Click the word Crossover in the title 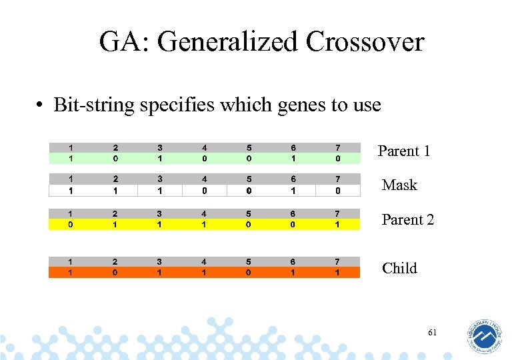click(x=365, y=42)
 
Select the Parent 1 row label click(x=404, y=151)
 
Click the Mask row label click(x=399, y=185)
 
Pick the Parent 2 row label click(x=407, y=219)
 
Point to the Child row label click(x=399, y=268)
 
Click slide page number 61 click(x=432, y=332)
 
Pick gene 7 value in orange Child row click(x=338, y=273)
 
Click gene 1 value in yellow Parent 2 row click(x=71, y=225)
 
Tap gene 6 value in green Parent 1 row click(x=293, y=159)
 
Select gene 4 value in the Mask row click(x=204, y=191)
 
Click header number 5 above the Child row click(x=249, y=262)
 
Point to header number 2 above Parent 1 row click(x=115, y=148)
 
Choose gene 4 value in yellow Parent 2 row click(x=204, y=225)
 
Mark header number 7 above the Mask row click(x=338, y=179)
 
